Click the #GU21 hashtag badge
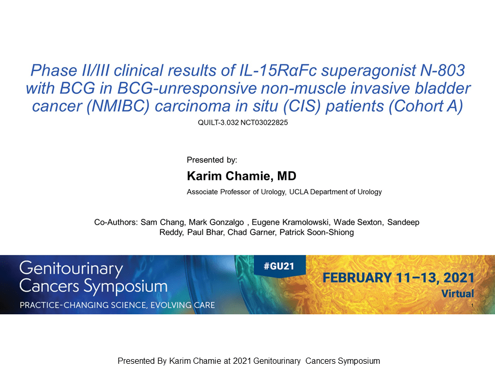click(x=279, y=266)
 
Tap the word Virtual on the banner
click(x=457, y=294)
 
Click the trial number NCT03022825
click(x=264, y=123)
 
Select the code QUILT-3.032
click(x=218, y=123)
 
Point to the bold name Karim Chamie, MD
click(x=241, y=176)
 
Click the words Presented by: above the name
click(x=212, y=160)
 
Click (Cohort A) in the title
click(x=426, y=106)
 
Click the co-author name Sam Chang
click(x=162, y=222)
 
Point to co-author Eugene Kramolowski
click(x=290, y=222)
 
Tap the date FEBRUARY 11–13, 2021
click(x=399, y=278)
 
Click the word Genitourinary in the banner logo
click(x=71, y=269)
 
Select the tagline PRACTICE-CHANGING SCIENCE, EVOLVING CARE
click(x=117, y=305)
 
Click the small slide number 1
click(x=472, y=305)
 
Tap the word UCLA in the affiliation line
click(x=299, y=192)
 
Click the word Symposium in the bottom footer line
click(x=359, y=361)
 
